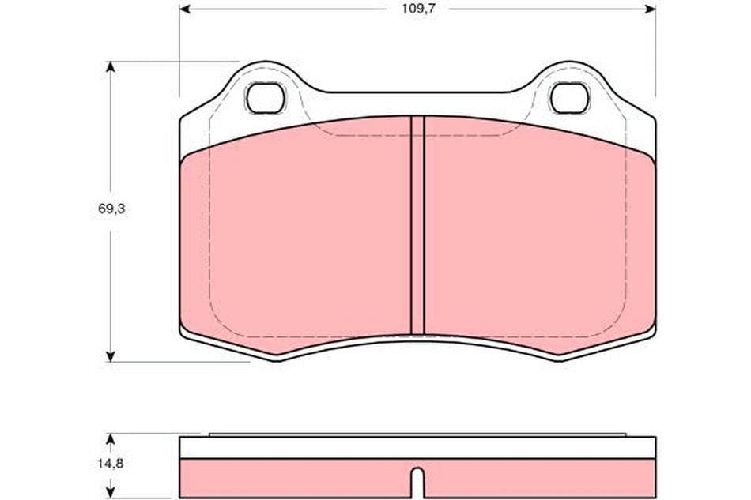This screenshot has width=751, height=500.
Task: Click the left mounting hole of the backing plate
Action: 265,98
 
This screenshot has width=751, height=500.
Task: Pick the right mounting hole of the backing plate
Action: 569,98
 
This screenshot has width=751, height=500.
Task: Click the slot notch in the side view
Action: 417,479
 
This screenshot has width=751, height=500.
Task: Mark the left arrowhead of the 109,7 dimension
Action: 185,9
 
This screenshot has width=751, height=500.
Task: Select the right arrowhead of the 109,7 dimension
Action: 650,9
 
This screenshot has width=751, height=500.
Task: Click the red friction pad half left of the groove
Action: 300,237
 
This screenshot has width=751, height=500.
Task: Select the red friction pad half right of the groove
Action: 538,237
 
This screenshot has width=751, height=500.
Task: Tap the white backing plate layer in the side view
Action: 417,448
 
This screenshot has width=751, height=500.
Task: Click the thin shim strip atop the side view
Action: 417,434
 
